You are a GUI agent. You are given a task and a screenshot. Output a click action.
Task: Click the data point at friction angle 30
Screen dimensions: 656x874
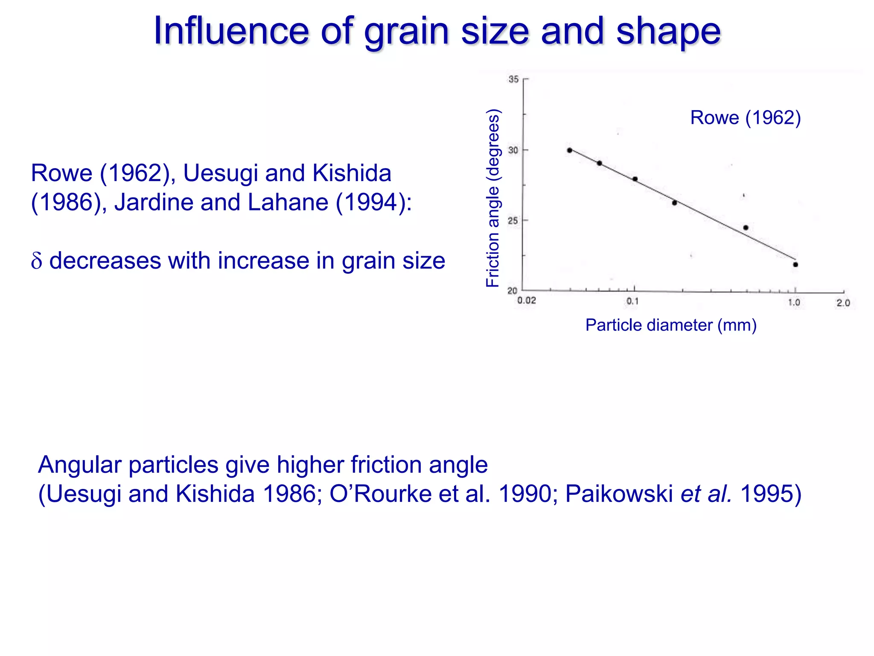tap(570, 150)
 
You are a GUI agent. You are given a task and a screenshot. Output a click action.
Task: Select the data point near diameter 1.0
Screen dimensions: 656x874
tap(795, 265)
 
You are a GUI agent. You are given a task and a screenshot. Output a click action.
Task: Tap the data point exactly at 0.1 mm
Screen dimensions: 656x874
tap(635, 179)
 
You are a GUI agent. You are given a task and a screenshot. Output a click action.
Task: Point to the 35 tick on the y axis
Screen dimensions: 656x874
tap(513, 79)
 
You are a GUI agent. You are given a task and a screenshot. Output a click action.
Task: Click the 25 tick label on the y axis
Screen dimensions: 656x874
tap(513, 221)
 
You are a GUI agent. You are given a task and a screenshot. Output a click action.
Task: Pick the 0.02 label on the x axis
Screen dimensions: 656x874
tap(527, 301)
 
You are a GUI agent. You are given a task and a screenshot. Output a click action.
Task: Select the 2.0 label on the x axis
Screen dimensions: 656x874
tap(843, 303)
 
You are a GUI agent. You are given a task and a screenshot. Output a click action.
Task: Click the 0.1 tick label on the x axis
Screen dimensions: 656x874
tap(632, 302)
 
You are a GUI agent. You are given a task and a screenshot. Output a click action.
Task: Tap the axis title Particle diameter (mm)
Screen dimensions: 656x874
tap(671, 325)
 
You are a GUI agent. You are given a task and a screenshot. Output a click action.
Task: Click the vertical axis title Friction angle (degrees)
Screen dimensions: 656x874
tap(493, 198)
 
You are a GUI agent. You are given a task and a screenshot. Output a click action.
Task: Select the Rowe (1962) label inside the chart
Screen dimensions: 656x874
tap(746, 118)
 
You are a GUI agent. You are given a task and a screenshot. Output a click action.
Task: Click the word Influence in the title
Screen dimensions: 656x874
tap(231, 31)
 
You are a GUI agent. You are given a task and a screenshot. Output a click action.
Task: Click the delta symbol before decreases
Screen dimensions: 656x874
tap(37, 261)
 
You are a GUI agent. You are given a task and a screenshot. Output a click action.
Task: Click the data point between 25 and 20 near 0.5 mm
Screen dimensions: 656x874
tap(746, 228)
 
